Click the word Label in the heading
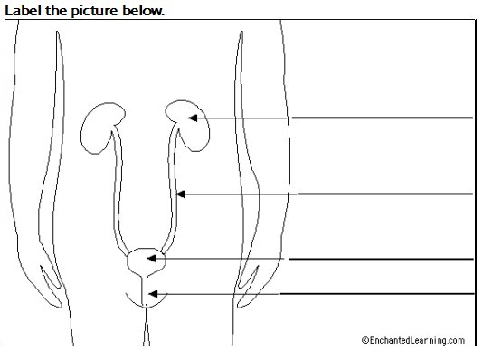click(x=24, y=11)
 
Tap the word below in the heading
click(x=143, y=11)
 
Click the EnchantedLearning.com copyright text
click(x=413, y=340)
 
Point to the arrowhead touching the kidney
click(x=193, y=118)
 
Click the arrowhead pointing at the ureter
click(x=180, y=194)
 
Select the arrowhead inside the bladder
click(x=151, y=259)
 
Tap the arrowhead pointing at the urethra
click(x=153, y=294)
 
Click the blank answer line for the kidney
click(x=382, y=118)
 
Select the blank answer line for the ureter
click(x=385, y=194)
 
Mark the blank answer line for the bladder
click(x=381, y=259)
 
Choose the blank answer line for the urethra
click(x=377, y=294)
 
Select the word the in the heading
click(x=56, y=11)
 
